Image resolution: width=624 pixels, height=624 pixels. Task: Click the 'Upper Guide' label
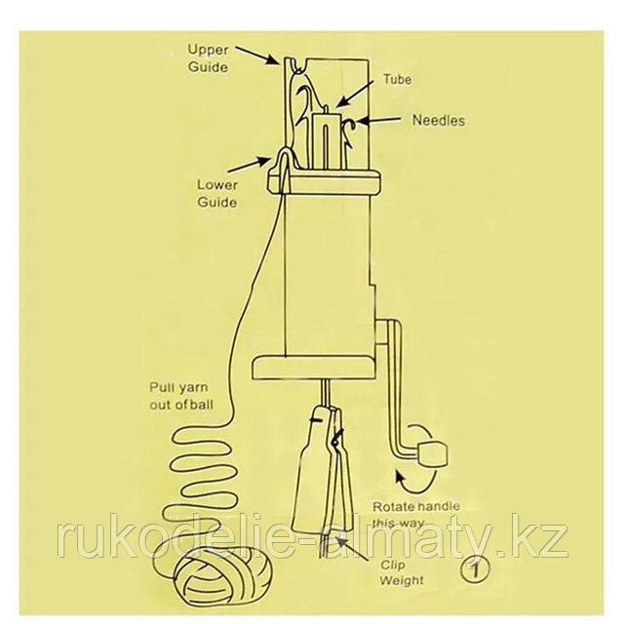click(x=208, y=58)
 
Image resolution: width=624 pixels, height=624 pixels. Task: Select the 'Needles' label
click(x=439, y=122)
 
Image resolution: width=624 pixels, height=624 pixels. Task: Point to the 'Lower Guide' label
click(x=216, y=192)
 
